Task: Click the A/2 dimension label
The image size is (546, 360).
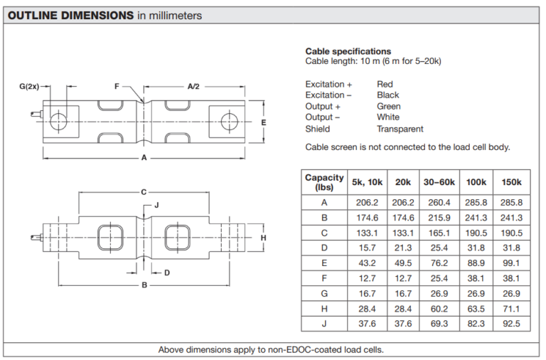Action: pyautogui.click(x=193, y=86)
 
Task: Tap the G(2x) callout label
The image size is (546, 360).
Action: pyautogui.click(x=29, y=86)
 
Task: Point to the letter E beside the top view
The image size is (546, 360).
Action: pyautogui.click(x=264, y=122)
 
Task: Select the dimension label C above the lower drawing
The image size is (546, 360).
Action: pyautogui.click(x=144, y=192)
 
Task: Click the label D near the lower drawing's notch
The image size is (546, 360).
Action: pyautogui.click(x=167, y=272)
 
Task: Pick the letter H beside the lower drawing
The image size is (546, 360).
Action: pyautogui.click(x=264, y=238)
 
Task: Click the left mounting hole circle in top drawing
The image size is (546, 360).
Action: pyautogui.click(x=58, y=121)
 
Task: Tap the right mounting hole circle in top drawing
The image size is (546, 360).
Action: pyautogui.click(x=230, y=122)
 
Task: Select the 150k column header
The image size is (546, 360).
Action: pyautogui.click(x=512, y=182)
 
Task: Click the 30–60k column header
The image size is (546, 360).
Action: pyautogui.click(x=439, y=182)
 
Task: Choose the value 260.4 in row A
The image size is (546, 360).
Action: pyautogui.click(x=439, y=203)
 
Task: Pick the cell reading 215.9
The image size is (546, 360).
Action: pyautogui.click(x=439, y=218)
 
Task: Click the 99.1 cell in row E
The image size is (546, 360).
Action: pyautogui.click(x=511, y=263)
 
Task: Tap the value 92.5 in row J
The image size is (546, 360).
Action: pyautogui.click(x=511, y=324)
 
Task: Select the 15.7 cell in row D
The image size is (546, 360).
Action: pyautogui.click(x=367, y=248)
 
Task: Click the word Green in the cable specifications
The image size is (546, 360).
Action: pyautogui.click(x=389, y=106)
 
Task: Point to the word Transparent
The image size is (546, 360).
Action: pyautogui.click(x=400, y=129)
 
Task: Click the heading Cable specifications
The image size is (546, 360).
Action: pyautogui.click(x=348, y=51)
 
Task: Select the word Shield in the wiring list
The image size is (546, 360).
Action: pyautogui.click(x=318, y=129)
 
